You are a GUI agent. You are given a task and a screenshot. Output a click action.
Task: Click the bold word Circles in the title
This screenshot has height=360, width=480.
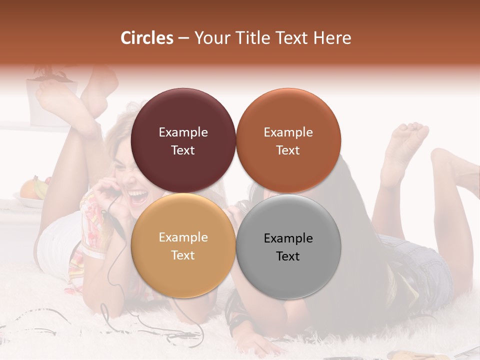pos(147,38)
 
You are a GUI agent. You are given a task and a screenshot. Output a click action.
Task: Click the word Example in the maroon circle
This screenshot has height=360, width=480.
pos(183,132)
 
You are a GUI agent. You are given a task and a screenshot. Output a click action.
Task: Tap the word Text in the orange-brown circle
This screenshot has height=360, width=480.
pos(288,150)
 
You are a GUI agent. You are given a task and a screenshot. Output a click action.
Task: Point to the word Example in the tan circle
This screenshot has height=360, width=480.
pos(183,237)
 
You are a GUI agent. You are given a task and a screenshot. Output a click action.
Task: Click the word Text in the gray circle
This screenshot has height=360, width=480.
pos(288,256)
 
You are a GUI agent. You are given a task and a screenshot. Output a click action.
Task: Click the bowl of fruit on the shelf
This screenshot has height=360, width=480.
pos(32,192)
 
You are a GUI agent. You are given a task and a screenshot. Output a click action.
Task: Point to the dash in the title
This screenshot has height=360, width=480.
pos(183,38)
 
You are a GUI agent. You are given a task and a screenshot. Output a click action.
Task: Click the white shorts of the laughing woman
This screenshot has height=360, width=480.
pos(57,240)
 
